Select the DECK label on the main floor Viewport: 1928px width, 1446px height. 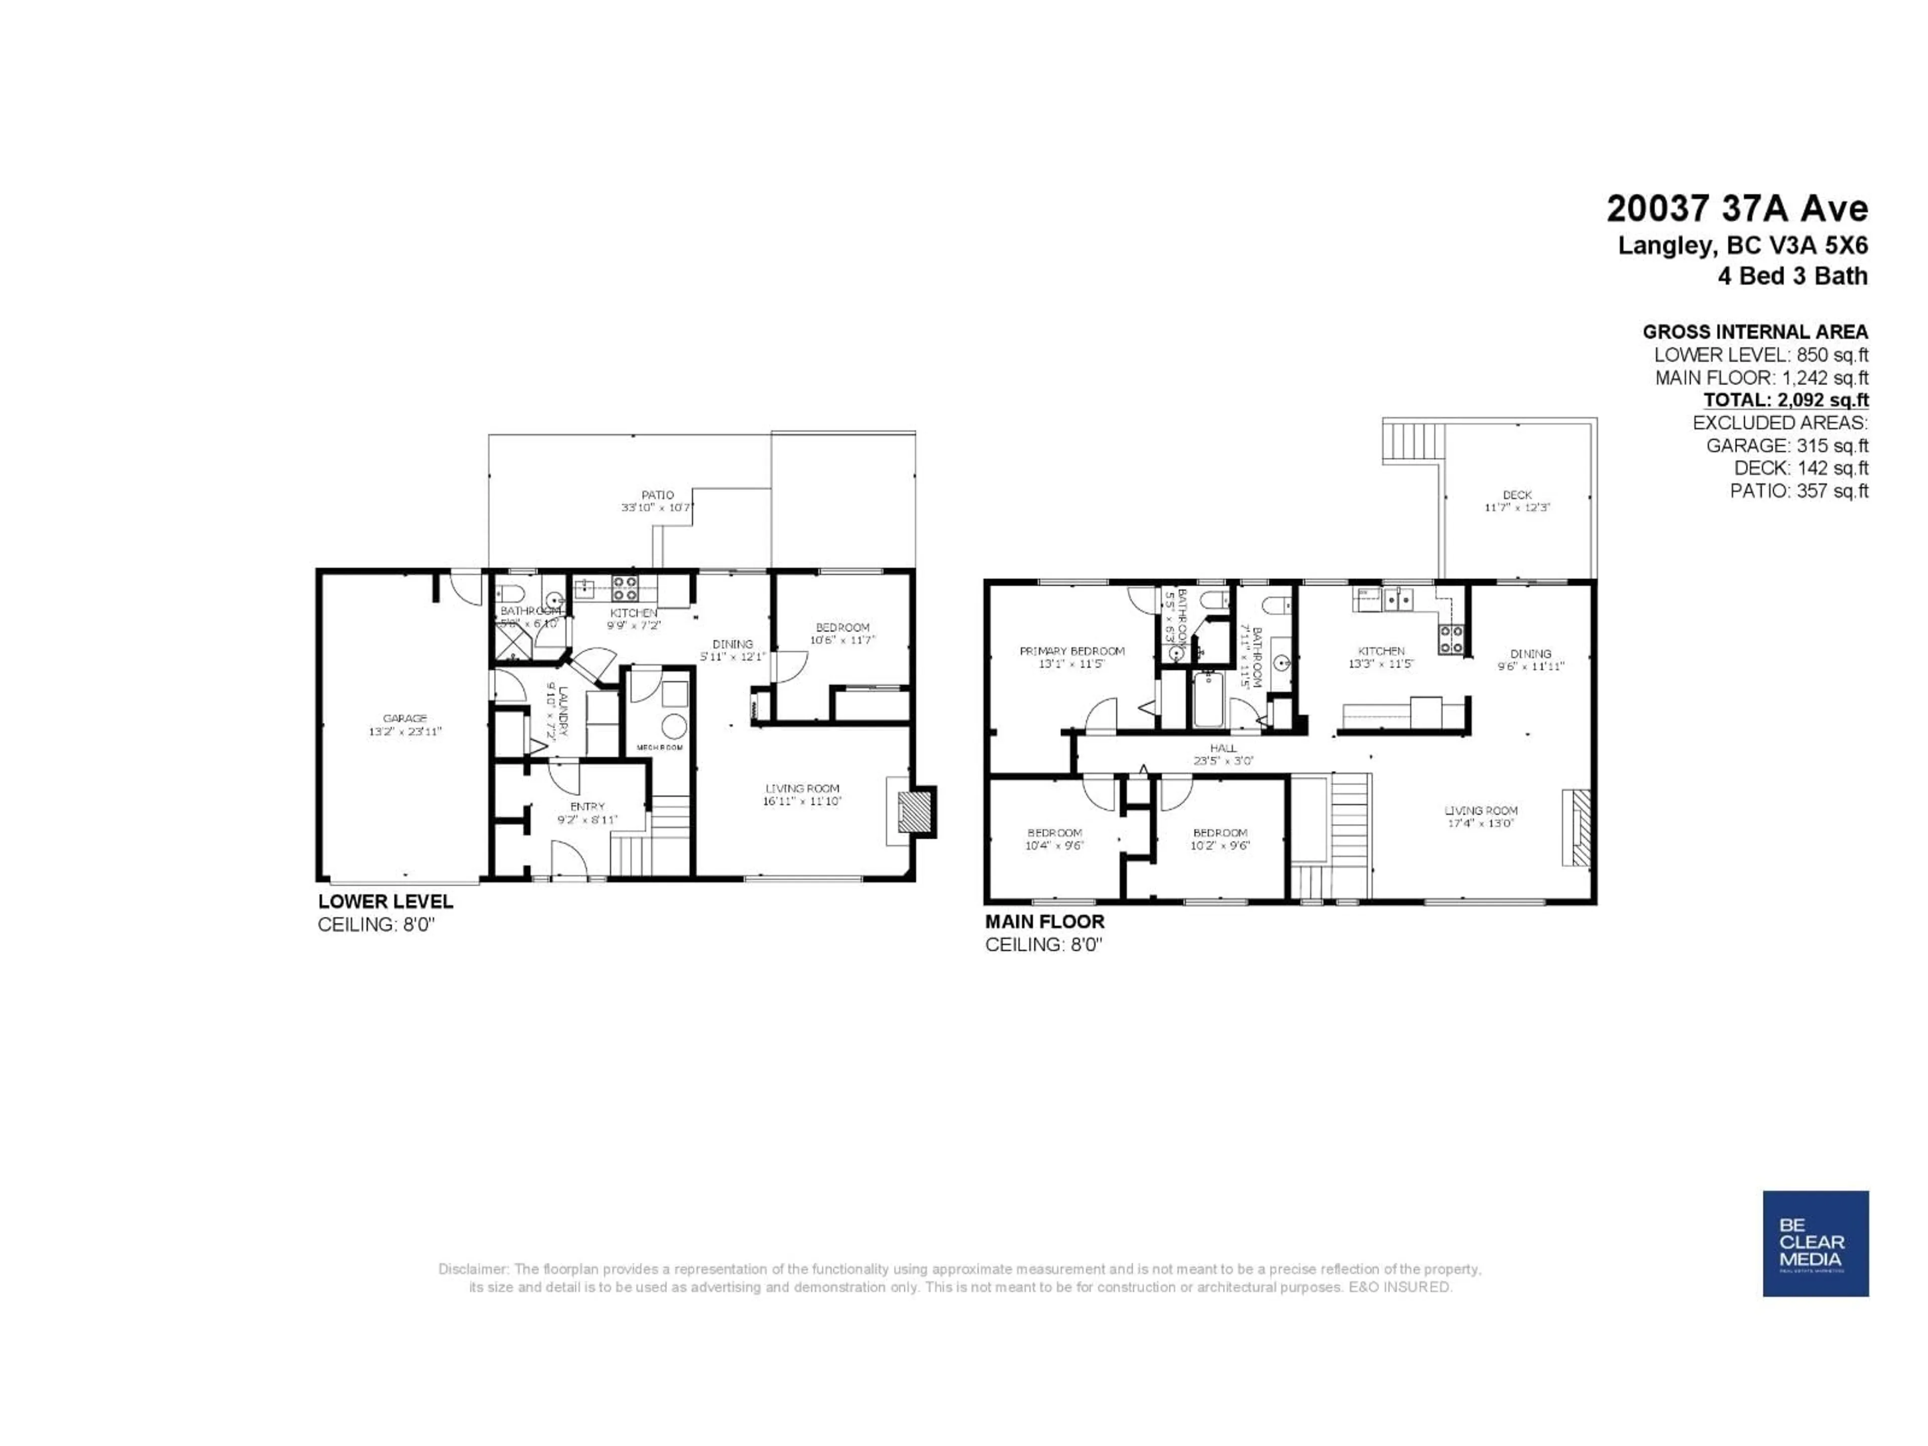tap(1517, 495)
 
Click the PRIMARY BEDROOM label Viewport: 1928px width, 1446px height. tap(1072, 651)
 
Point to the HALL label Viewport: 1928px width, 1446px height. tap(1223, 748)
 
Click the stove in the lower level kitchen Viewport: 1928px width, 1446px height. tap(624, 587)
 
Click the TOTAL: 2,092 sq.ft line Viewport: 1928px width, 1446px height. tap(1786, 400)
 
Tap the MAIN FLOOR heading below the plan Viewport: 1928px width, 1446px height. tap(1044, 921)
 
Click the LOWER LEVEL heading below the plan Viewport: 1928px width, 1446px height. tap(385, 901)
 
